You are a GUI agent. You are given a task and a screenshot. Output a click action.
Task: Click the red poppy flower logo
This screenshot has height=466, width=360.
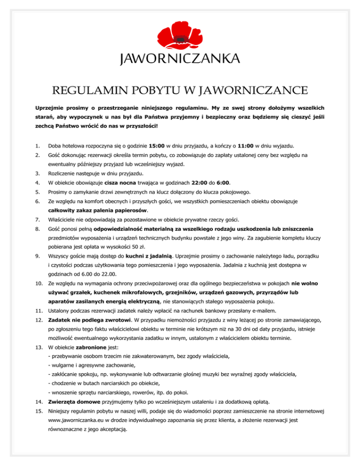pos(180,35)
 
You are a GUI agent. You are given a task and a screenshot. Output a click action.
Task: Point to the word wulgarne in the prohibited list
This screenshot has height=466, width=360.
pos(64,365)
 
